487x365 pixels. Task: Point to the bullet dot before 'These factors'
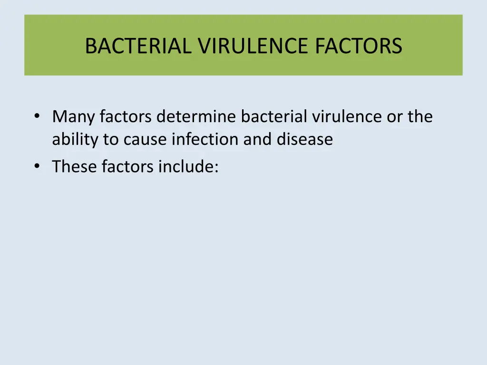pos(37,167)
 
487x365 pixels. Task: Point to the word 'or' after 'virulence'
pos(395,117)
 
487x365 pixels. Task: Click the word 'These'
pos(74,167)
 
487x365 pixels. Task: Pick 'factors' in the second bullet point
pos(127,167)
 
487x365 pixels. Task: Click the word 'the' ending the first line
pos(420,117)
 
